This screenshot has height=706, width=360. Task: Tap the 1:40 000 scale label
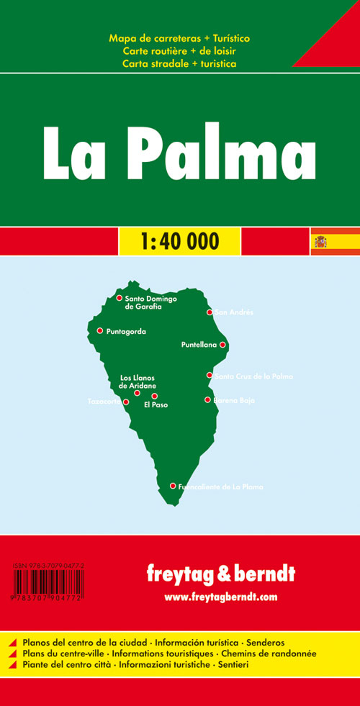(179, 241)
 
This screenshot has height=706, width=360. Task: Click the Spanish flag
(319, 241)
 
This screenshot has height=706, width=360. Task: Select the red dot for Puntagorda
(100, 331)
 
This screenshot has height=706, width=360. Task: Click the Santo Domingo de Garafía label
(150, 302)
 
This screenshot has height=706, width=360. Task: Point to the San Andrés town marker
(210, 312)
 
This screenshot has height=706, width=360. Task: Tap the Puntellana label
(199, 345)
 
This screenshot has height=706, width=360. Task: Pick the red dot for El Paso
(154, 396)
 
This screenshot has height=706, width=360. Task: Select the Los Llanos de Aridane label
(137, 382)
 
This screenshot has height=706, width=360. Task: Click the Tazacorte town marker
(126, 402)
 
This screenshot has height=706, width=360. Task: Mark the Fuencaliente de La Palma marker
(173, 486)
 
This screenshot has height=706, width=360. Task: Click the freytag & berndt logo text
(220, 575)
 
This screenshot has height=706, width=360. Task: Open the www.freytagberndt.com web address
(220, 597)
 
